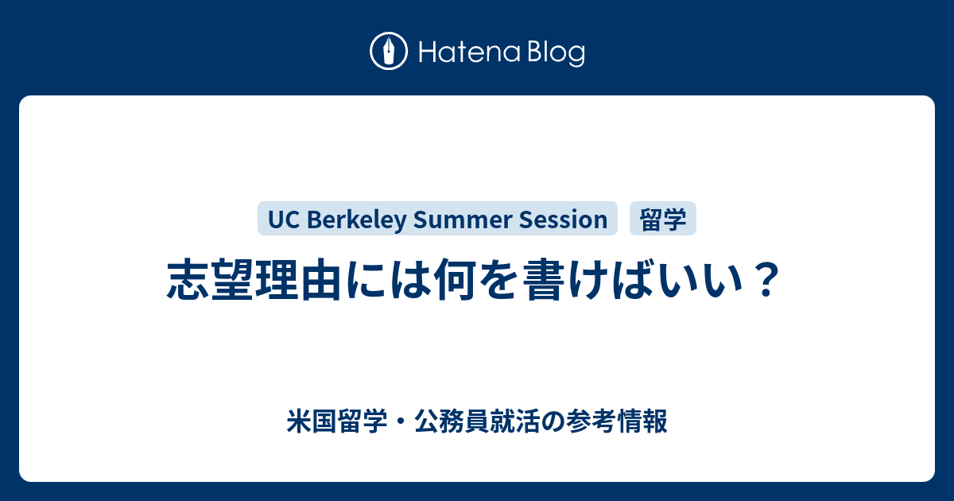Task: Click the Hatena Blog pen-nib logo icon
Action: coord(389,52)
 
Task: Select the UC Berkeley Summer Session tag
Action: coord(437,219)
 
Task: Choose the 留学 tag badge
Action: coord(663,219)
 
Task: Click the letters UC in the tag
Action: coord(281,219)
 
